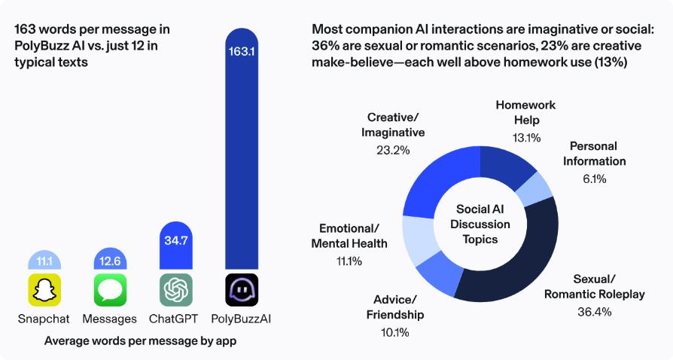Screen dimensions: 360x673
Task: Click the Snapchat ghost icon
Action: coord(44,290)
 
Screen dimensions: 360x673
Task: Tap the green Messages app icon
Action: coord(110,290)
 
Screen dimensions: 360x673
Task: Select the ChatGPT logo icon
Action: coord(175,290)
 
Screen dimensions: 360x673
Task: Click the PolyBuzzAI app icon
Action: coord(242,290)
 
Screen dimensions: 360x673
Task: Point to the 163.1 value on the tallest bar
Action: coord(242,53)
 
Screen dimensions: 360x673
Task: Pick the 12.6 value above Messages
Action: coord(110,262)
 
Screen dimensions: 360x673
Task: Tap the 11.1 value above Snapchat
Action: coord(44,262)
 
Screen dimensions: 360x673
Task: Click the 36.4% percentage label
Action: coord(594,312)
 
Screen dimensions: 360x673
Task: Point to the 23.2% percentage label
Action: coord(393,150)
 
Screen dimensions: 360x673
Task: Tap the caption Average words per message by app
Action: coord(141,340)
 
